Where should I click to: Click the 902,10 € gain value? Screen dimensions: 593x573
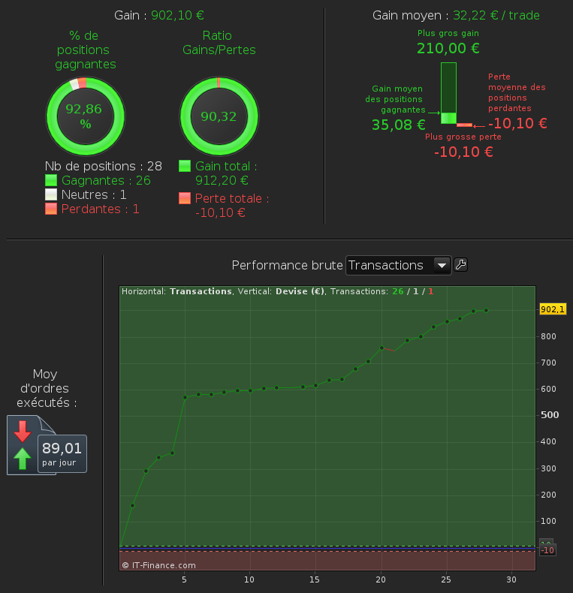point(178,15)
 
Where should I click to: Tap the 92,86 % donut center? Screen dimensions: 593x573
point(83,116)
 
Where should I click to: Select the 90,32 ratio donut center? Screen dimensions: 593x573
point(219,116)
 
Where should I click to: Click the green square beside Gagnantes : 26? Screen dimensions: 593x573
point(51,180)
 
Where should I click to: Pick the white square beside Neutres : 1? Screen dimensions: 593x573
point(51,194)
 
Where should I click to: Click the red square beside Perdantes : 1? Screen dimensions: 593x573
point(51,209)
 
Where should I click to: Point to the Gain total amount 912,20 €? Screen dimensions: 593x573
point(222,180)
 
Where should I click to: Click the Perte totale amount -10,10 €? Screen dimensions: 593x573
point(220,212)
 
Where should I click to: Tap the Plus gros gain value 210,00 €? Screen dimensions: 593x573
point(448,49)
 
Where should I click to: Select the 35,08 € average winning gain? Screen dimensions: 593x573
point(398,125)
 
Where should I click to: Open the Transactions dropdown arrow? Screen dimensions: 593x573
point(442,265)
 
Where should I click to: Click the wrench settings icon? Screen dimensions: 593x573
point(461,264)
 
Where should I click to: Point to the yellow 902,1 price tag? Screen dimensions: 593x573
point(552,309)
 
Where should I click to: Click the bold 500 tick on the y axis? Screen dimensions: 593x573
point(550,415)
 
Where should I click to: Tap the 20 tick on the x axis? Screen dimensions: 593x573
point(381,579)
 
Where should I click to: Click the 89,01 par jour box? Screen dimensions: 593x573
point(62,453)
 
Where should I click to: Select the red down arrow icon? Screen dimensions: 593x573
point(23,430)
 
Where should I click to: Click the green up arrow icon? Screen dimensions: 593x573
point(23,458)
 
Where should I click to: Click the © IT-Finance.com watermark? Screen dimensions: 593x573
point(158,565)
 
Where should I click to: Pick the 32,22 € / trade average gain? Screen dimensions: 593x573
point(496,15)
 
